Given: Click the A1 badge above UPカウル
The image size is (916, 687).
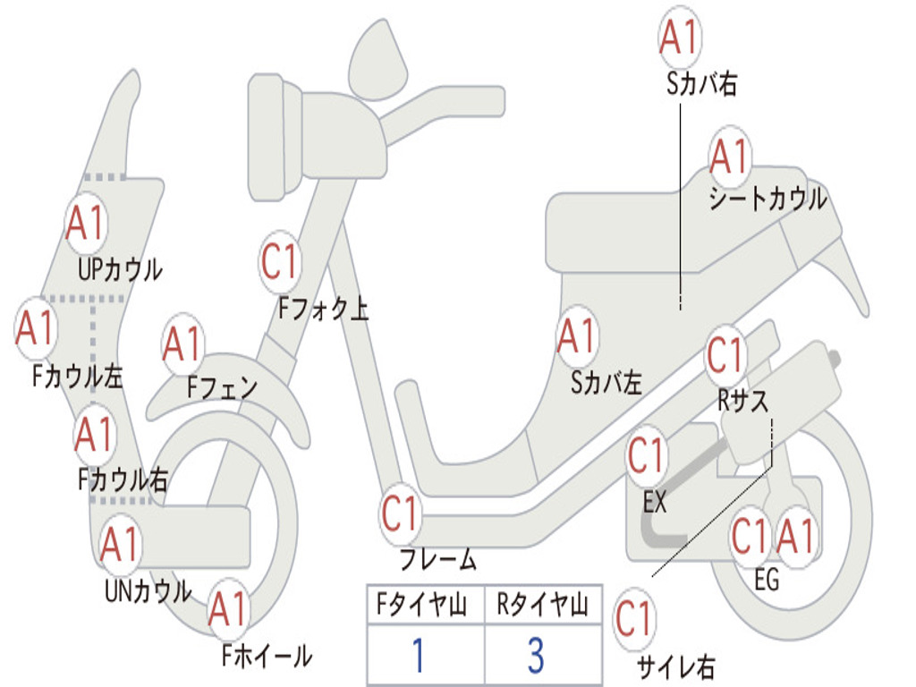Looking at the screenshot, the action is [86, 223].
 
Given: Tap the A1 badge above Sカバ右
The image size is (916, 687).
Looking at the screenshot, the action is [680, 37].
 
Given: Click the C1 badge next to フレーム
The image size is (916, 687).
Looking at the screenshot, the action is [401, 513].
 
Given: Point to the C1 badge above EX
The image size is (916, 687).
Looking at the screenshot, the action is [647, 454].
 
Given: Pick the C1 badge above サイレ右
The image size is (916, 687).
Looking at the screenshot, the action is [634, 618].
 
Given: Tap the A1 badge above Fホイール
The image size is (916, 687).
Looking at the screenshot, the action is [228, 608].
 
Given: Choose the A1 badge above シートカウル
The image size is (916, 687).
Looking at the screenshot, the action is [730, 156].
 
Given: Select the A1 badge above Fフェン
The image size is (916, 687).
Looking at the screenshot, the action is [183, 343].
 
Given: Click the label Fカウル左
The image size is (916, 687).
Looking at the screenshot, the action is [78, 377].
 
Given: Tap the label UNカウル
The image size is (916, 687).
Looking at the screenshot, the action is [148, 591].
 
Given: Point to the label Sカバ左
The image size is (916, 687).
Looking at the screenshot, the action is [606, 383].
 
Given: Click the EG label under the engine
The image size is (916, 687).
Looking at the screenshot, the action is [767, 580].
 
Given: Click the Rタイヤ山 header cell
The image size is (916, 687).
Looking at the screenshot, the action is [543, 605].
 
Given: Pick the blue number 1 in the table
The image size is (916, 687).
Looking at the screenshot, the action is [419, 655].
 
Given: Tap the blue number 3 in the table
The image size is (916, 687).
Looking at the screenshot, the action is [537, 655].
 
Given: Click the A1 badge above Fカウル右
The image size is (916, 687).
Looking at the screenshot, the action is [95, 434].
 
